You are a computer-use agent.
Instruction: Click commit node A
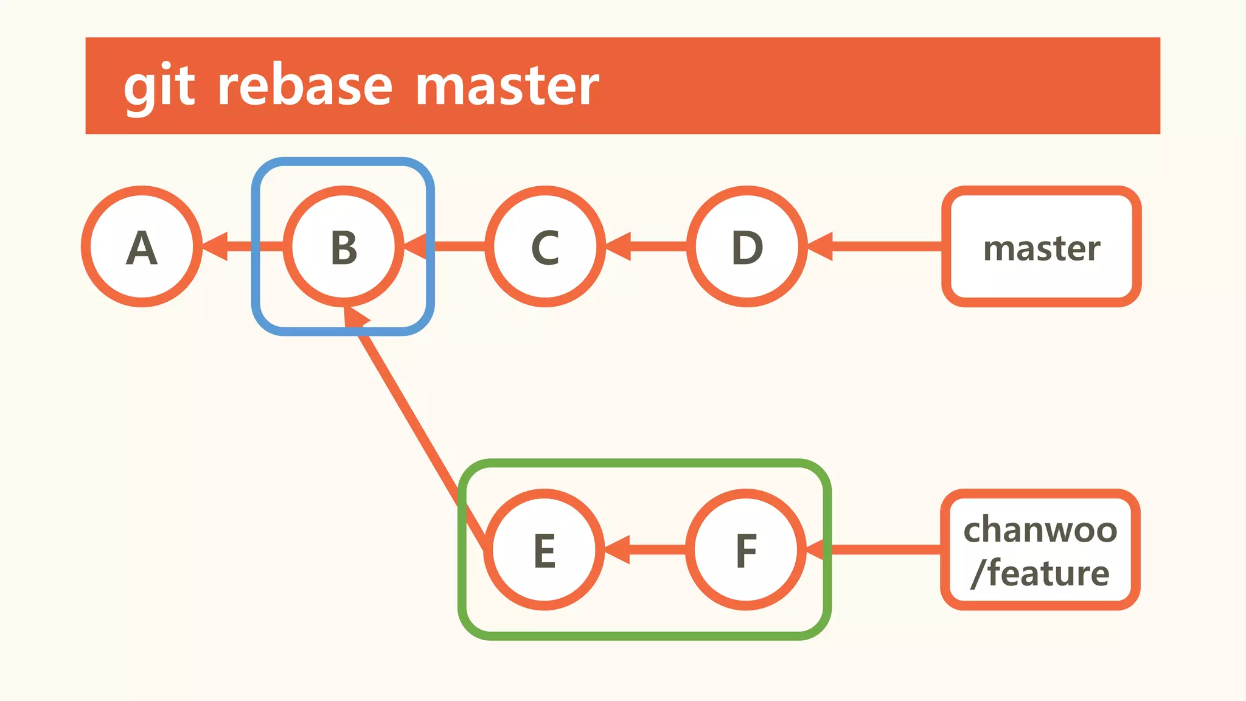point(141,246)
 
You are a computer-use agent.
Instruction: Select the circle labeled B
point(343,246)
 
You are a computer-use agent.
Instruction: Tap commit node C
point(545,246)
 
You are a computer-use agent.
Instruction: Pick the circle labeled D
point(747,246)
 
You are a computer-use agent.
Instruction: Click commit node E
point(544,549)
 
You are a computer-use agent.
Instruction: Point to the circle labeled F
point(746,549)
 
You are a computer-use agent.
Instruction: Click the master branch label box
point(1041,246)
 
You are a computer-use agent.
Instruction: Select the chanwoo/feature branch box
point(1040,549)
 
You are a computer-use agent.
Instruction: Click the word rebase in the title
point(305,86)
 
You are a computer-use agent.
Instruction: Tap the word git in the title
point(159,86)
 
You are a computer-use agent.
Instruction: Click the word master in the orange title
point(507,86)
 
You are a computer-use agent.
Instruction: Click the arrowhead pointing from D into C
point(619,246)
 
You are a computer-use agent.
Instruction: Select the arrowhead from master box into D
point(821,246)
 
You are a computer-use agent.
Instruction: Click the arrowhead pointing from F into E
point(618,549)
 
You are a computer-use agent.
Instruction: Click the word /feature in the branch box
point(1040,573)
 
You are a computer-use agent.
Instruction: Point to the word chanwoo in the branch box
point(1040,529)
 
